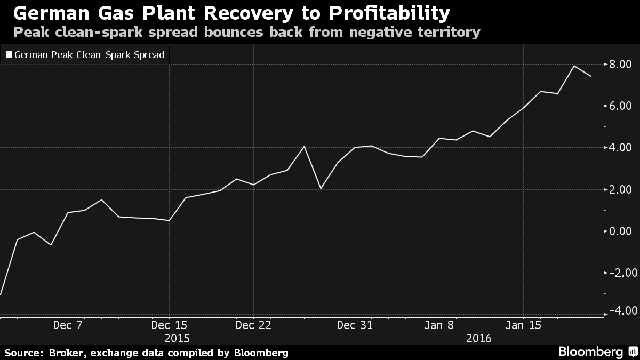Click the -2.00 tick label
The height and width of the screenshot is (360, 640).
point(620,273)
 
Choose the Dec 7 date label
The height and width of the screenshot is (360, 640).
point(68,325)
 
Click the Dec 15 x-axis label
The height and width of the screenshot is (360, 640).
point(169,325)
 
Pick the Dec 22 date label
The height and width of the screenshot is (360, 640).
point(254,325)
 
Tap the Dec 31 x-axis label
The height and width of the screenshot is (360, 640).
point(354,325)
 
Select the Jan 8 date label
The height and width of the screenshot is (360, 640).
point(439,325)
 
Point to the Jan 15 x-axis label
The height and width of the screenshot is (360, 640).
point(523,325)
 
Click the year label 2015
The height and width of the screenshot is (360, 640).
point(177,338)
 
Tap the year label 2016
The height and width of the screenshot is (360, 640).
point(479,338)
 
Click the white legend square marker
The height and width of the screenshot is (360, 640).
point(8,54)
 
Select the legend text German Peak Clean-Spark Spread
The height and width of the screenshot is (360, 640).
point(89,54)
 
